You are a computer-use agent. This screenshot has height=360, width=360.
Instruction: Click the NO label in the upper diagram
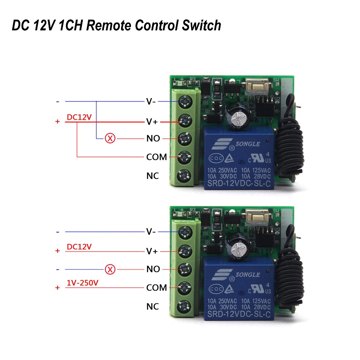153,139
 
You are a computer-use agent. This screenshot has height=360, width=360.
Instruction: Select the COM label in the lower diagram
156,288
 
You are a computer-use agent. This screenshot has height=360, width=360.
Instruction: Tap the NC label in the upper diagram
153,176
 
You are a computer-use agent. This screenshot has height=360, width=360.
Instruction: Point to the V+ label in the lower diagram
152,251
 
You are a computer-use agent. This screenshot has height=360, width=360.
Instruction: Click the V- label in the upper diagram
151,101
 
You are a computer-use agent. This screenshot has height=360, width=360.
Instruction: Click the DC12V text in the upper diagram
79,117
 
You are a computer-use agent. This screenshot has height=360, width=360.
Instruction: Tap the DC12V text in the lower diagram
79,247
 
